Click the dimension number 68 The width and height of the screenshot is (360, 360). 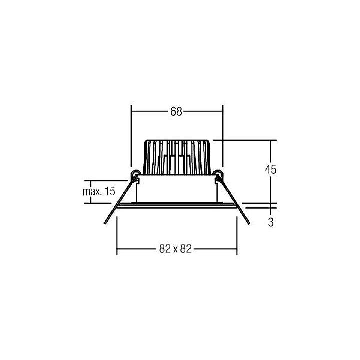[x=176, y=112]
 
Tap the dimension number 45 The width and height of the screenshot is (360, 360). [x=270, y=169]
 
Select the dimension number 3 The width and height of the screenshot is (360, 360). [x=270, y=223]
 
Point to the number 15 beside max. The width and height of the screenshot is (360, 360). [x=110, y=191]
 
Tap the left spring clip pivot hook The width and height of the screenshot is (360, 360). [x=134, y=174]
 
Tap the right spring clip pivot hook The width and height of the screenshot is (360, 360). [x=218, y=174]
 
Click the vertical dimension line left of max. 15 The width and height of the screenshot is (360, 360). [x=90, y=191]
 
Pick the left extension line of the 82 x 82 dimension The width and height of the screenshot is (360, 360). [x=116, y=235]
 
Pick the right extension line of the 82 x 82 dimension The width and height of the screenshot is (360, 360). [x=237, y=235]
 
